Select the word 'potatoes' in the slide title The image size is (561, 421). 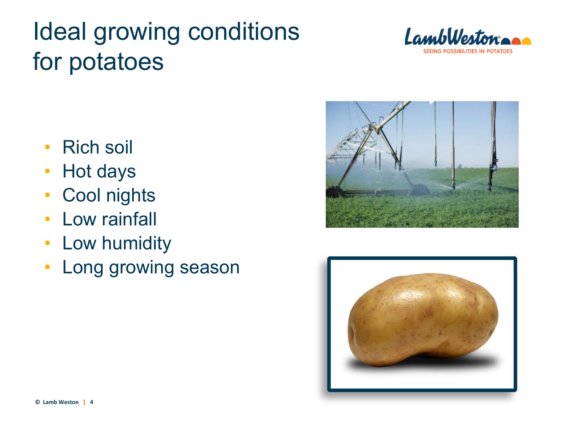[x=116, y=62]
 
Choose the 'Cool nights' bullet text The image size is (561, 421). [x=109, y=195]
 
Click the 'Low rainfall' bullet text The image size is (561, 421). [x=110, y=219]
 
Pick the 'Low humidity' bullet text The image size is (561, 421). [x=117, y=243]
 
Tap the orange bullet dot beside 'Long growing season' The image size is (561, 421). [x=47, y=266]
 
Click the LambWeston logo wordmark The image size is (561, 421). [x=452, y=37]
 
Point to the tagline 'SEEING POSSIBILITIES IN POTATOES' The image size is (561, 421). [x=468, y=51]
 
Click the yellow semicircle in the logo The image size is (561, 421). [x=527, y=41]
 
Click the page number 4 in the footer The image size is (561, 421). [x=91, y=402]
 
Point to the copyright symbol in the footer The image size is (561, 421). [x=37, y=402]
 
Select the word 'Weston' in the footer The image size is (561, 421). [x=69, y=402]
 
